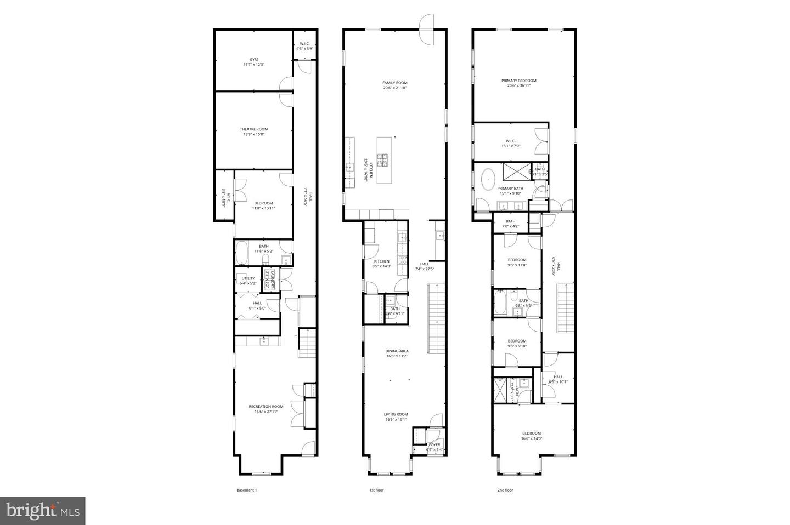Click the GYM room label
[x=253, y=59]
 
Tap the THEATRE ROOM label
[x=253, y=129]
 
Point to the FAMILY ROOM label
[x=395, y=83]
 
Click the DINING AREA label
[x=397, y=351]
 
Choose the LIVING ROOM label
[x=396, y=414]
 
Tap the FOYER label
[x=435, y=444]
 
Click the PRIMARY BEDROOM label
[x=518, y=81]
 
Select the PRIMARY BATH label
[x=510, y=188]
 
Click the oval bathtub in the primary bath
[x=487, y=179]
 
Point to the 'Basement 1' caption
[x=246, y=490]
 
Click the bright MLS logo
[x=42, y=511]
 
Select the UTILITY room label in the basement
[x=248, y=278]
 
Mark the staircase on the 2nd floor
[x=565, y=309]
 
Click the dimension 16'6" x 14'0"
[x=531, y=438]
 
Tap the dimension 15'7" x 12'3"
[x=253, y=65]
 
